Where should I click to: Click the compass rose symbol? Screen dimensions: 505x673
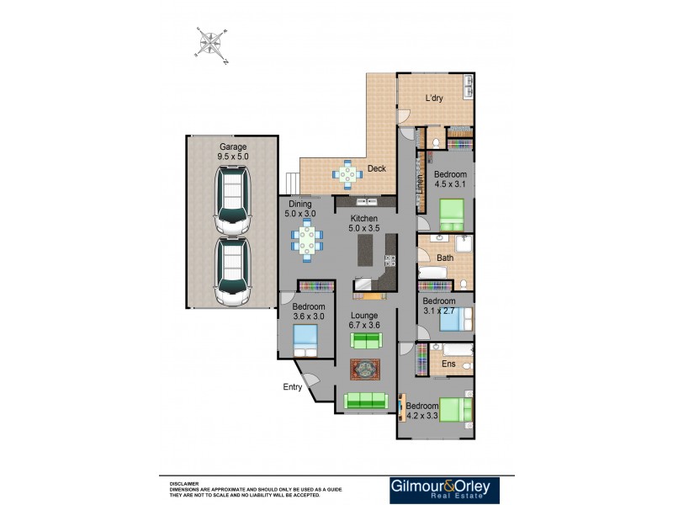pyautogui.click(x=211, y=43)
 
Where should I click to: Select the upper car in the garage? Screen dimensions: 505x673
pyautogui.click(x=234, y=199)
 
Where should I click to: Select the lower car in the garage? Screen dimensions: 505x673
pyautogui.click(x=234, y=271)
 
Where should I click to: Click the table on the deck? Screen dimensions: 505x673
pyautogui.click(x=348, y=174)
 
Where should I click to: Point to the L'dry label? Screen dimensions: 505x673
pyautogui.click(x=434, y=98)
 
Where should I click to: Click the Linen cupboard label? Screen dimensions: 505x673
pyautogui.click(x=420, y=183)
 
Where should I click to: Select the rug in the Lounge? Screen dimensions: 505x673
pyautogui.click(x=365, y=369)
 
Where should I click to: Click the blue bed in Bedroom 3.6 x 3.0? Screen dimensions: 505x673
pyautogui.click(x=305, y=340)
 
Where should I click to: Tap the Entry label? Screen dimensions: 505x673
pyautogui.click(x=292, y=387)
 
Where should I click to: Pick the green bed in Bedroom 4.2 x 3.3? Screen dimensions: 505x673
pyautogui.click(x=454, y=410)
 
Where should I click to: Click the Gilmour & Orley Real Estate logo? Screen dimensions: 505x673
pyautogui.click(x=443, y=490)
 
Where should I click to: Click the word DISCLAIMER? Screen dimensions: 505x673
pyautogui.click(x=184, y=484)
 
